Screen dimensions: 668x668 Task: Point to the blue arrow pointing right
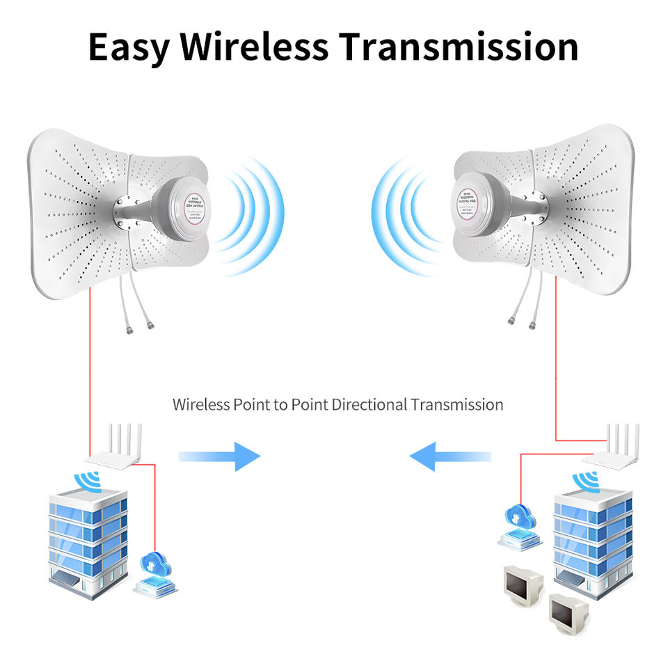[x=220, y=456]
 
